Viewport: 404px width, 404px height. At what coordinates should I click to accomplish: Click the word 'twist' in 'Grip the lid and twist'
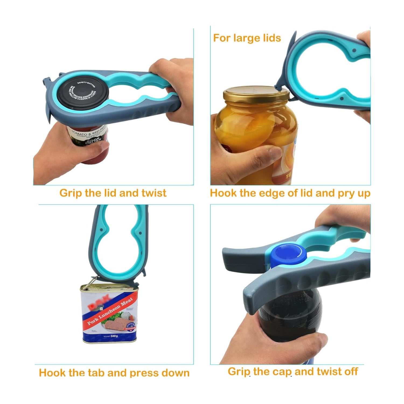154,193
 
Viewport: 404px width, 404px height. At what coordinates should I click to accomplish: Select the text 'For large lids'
247,38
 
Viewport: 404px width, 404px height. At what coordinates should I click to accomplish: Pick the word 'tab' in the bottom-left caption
97,373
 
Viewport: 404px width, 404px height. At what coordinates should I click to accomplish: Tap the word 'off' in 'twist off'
351,371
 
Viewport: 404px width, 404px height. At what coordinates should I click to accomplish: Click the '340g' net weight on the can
114,336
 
